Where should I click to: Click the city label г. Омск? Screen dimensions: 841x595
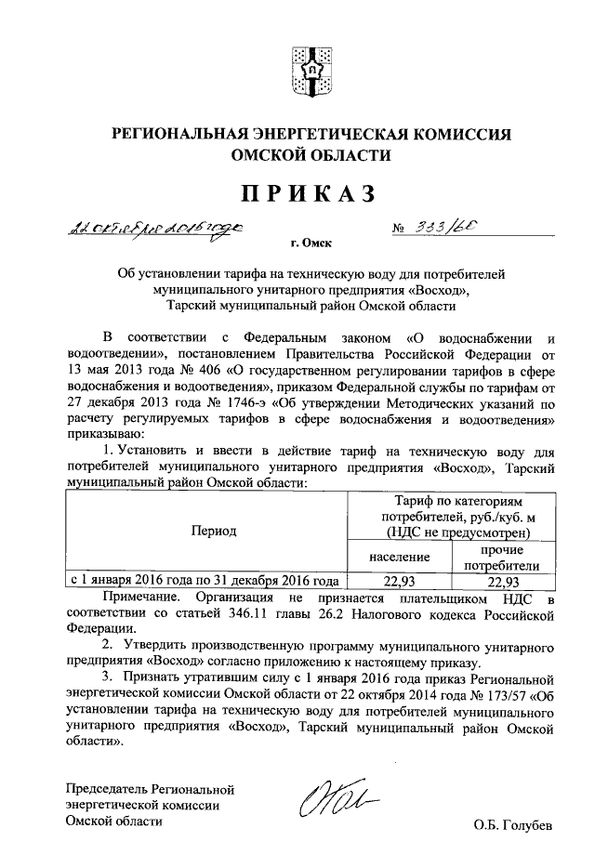311,244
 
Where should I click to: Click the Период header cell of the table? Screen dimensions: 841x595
214,531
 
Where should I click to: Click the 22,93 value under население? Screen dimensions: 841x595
398,582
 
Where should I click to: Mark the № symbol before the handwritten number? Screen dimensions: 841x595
403,230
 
